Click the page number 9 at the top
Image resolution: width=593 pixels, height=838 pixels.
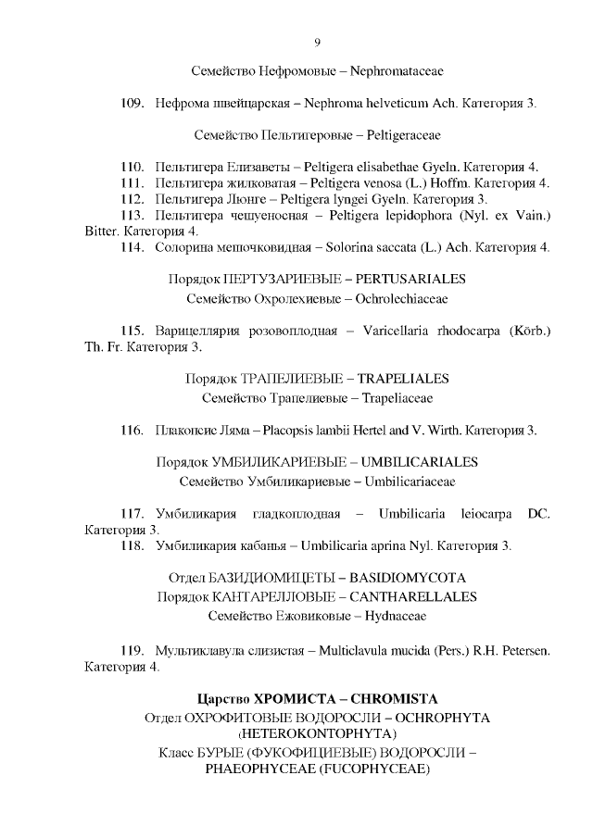click(317, 43)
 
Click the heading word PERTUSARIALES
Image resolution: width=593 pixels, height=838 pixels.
click(410, 279)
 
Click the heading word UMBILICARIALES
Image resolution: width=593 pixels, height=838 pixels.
click(419, 461)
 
